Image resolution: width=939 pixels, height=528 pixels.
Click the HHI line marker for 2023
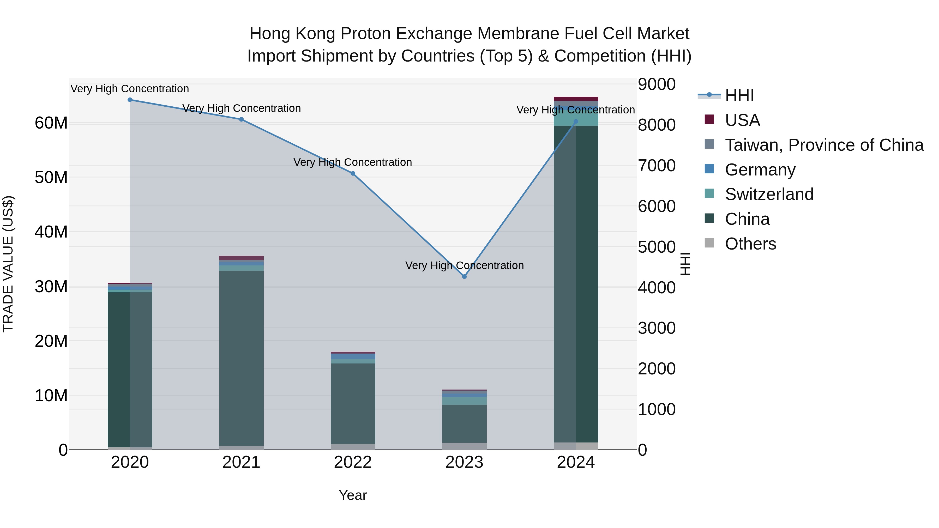coord(464,277)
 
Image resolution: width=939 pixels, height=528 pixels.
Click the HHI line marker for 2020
coord(130,100)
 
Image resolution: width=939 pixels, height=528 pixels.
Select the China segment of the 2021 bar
coord(241,357)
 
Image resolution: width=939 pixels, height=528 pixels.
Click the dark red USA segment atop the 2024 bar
coord(576,99)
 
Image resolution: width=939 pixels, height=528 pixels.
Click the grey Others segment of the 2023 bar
coord(464,446)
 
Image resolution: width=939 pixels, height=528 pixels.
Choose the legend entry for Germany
coord(760,170)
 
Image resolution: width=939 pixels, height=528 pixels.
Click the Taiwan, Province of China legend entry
coord(824,145)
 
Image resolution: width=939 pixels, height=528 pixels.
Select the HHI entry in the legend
coord(739,95)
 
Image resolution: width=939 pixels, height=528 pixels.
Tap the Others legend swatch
coord(709,243)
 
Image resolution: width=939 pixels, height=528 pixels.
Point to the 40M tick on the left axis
coord(51,232)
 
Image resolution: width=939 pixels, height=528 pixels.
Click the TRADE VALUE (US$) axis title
coord(8,264)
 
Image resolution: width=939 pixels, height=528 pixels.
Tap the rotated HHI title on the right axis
coord(685,264)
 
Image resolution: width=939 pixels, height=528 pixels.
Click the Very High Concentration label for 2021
coord(241,108)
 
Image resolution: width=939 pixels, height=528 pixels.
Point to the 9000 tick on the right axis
coord(657,84)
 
